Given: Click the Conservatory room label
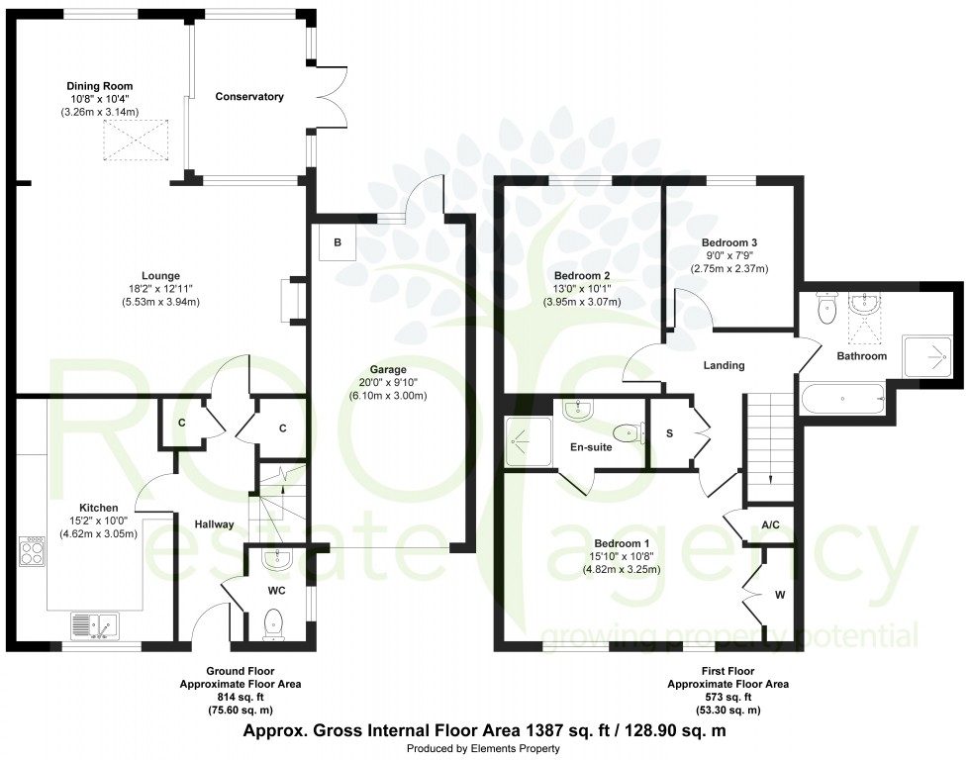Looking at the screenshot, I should [x=249, y=97].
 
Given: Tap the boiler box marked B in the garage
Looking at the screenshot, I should [x=337, y=242].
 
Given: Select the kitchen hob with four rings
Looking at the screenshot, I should [x=31, y=551].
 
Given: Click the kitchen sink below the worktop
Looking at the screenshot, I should [x=95, y=625].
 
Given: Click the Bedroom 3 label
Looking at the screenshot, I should [x=728, y=242].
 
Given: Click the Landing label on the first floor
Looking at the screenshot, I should [x=724, y=365].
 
